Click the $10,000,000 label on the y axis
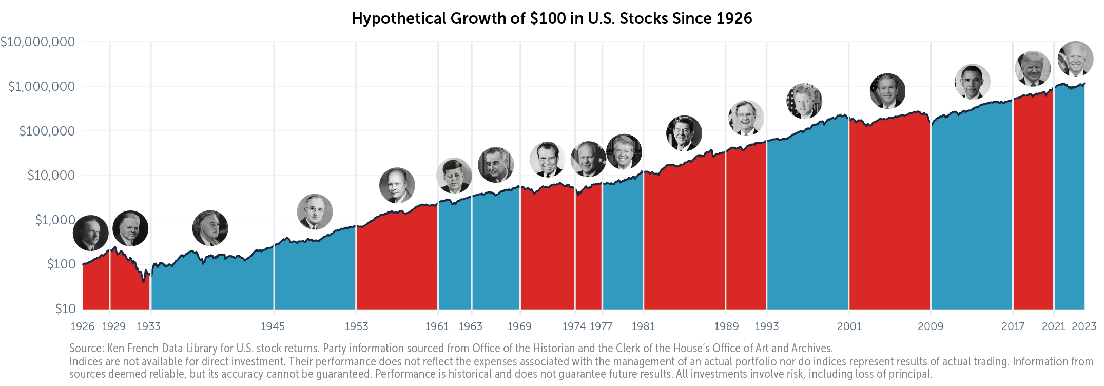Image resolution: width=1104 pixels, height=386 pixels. tap(37, 42)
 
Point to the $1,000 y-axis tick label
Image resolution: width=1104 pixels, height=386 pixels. tap(55, 220)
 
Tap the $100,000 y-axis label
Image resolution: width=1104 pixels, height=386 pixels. tap(47, 131)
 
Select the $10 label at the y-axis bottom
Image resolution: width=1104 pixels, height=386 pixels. tap(65, 308)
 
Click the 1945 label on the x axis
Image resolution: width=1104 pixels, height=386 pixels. tap(273, 326)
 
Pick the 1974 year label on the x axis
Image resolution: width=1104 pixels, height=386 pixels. tap(573, 326)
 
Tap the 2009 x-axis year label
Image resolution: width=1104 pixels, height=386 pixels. tap(930, 326)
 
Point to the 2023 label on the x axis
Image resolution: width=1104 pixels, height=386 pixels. tap(1083, 326)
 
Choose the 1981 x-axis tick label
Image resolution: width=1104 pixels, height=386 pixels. tap(643, 326)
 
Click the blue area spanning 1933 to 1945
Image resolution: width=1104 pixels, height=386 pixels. tap(212, 282)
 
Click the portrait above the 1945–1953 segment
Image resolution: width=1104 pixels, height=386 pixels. tap(315, 211)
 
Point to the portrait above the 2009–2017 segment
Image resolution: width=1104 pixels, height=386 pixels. tap(972, 82)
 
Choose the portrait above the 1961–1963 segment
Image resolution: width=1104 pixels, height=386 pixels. tap(454, 176)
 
